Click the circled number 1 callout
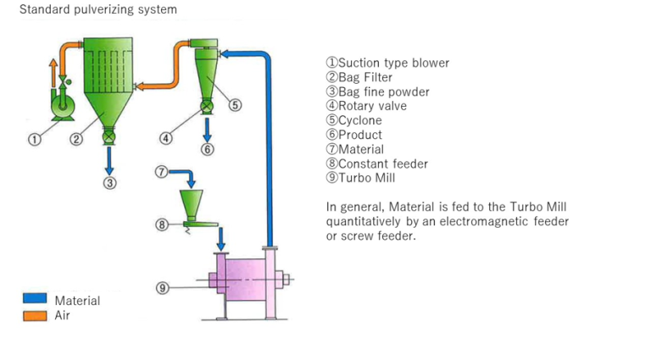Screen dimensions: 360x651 [35, 140]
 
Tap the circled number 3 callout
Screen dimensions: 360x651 [110, 181]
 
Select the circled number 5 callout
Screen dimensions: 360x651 [235, 105]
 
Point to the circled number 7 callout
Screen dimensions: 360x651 [163, 172]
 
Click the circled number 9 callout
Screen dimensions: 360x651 [163, 288]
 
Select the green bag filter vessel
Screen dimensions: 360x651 [107, 85]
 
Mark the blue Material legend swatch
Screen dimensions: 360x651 [35, 299]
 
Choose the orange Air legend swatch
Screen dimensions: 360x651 [35, 315]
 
